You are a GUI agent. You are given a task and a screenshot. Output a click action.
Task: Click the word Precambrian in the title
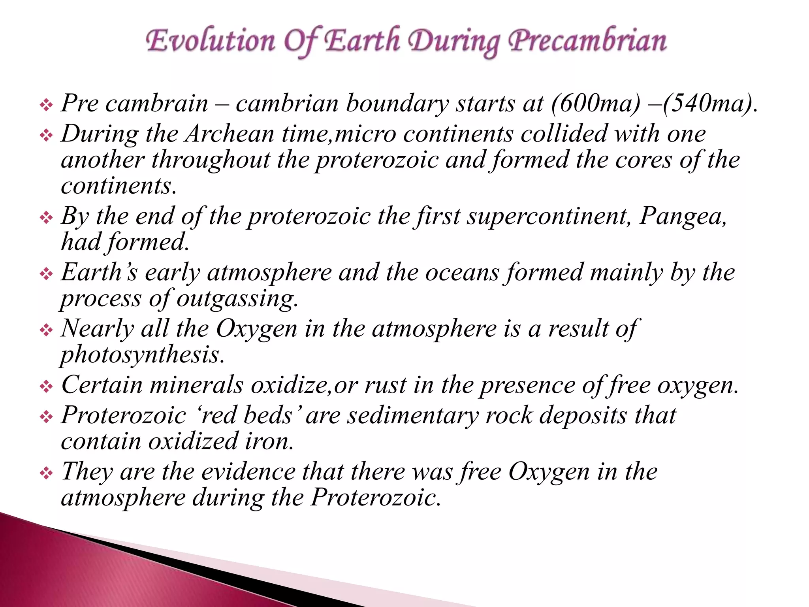[x=587, y=41]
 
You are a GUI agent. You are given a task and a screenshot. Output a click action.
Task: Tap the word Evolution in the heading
[x=210, y=41]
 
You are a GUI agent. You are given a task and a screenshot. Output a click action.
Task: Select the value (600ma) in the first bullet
[x=595, y=104]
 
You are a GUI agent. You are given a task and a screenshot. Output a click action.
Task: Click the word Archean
[x=230, y=134]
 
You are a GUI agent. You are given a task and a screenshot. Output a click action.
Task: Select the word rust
[x=385, y=385]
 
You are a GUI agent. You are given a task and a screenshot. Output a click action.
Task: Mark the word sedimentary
[x=413, y=416]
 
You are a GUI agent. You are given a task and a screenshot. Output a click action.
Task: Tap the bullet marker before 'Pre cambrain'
[x=46, y=105]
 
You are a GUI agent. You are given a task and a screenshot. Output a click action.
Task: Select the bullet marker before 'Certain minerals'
[x=46, y=386]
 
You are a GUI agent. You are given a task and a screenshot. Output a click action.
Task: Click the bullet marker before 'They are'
[x=46, y=473]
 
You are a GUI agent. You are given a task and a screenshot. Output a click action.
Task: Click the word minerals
[x=196, y=385]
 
